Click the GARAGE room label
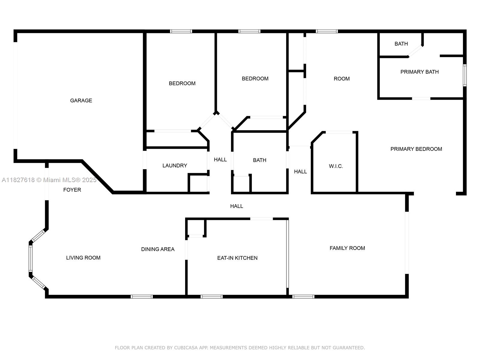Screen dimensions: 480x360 81,100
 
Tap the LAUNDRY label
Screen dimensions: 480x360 175,166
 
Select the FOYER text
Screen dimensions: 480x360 72,190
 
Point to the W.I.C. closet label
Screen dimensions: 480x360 336,166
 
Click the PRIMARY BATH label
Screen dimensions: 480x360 419,72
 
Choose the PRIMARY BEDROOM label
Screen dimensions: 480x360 416,149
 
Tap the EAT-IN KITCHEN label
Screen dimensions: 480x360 237,258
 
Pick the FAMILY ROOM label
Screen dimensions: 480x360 347,248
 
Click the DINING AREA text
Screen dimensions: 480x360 158,249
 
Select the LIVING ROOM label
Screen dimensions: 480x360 83,258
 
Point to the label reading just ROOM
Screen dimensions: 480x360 342,79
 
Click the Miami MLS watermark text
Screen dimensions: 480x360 49,180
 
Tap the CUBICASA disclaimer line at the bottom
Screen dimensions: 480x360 240,348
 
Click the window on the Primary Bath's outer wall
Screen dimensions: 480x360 465,75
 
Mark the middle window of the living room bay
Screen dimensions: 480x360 31,259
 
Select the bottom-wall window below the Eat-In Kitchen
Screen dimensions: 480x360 211,297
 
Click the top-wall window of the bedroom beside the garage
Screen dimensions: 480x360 181,31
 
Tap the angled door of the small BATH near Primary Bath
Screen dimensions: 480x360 415,51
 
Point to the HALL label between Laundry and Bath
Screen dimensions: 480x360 220,160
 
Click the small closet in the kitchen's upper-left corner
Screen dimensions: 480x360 196,227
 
